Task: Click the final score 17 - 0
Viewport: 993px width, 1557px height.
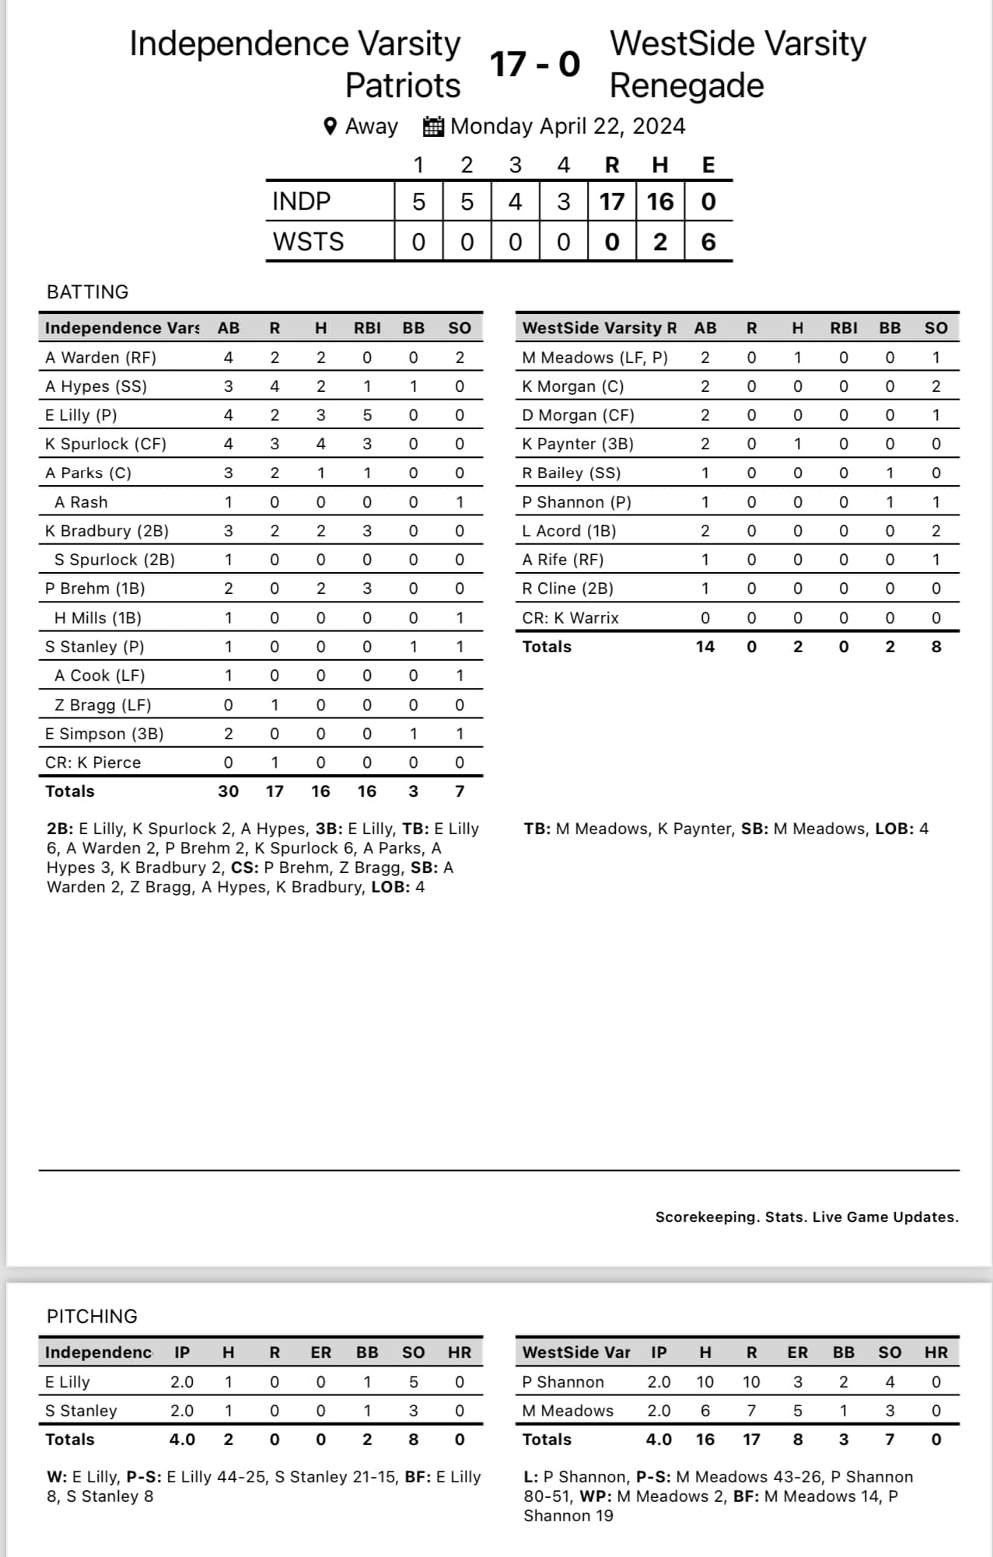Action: (535, 64)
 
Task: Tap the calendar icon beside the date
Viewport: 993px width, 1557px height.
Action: (433, 126)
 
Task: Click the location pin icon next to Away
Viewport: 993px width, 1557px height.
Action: (330, 126)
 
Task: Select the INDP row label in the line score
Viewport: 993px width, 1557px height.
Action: (302, 201)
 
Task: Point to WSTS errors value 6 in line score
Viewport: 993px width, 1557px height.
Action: (708, 242)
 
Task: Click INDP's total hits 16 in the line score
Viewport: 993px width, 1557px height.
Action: (659, 201)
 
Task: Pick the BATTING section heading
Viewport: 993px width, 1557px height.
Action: (88, 292)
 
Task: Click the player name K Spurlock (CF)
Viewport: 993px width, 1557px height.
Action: (106, 444)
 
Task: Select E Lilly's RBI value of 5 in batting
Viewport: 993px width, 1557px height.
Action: (367, 415)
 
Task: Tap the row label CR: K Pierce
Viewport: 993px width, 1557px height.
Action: (93, 763)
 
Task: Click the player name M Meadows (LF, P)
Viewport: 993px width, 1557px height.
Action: (595, 358)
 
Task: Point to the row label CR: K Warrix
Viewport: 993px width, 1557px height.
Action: (571, 618)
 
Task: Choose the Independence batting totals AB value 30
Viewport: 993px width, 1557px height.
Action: (228, 791)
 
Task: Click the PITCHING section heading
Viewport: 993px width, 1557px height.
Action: (92, 1316)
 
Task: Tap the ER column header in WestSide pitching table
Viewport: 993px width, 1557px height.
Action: (797, 1352)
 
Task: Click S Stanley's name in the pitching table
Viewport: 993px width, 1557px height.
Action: (81, 1410)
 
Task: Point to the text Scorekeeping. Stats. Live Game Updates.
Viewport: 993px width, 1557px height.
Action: (806, 1217)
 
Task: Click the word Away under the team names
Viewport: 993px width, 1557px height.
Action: (372, 126)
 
